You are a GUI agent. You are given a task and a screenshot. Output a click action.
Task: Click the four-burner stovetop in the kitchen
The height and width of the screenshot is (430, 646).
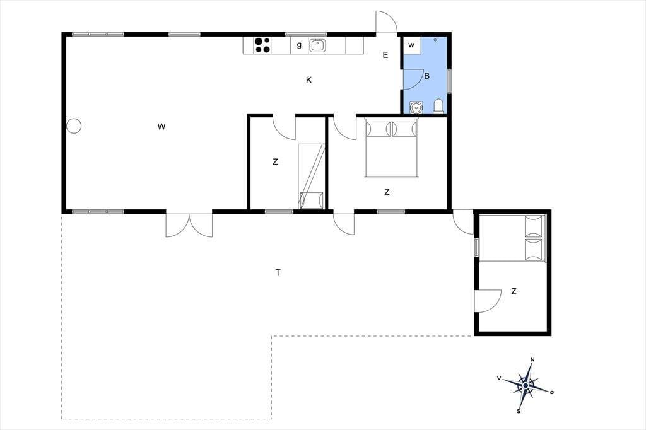click(262, 45)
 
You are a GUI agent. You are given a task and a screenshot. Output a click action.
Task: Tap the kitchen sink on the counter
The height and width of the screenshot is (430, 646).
click(317, 45)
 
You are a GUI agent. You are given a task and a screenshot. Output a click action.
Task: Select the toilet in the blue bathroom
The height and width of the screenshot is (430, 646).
click(439, 106)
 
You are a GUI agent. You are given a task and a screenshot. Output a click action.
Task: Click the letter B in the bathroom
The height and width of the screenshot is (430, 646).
click(427, 76)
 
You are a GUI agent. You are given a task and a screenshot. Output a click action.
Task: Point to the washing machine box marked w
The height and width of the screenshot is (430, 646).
click(412, 45)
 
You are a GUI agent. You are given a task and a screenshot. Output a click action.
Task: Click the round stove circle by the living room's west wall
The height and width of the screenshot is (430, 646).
click(74, 125)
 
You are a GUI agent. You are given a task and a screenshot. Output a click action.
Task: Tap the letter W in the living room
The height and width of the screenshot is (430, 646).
click(161, 127)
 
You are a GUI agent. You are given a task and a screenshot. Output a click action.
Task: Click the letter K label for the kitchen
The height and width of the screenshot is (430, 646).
click(308, 80)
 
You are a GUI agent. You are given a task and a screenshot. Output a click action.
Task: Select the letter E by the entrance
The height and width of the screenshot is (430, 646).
click(385, 55)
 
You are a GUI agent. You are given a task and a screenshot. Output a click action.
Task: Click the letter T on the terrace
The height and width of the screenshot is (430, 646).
click(278, 272)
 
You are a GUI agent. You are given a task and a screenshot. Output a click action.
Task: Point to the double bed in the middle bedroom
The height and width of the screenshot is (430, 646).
click(391, 148)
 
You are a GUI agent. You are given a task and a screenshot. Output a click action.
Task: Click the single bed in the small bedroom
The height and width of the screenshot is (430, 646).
click(311, 177)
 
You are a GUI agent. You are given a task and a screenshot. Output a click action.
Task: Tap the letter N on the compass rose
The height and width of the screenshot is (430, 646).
click(532, 360)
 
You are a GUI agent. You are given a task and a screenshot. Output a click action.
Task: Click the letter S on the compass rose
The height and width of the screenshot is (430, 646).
click(519, 410)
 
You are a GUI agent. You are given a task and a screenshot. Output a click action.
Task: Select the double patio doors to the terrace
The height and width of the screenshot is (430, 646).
click(189, 225)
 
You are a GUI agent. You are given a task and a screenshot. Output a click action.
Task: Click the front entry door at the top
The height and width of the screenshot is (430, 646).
click(386, 21)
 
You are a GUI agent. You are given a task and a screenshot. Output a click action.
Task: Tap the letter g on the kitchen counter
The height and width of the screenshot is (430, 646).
click(299, 45)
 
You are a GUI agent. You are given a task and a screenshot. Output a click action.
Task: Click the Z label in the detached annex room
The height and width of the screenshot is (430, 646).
click(514, 292)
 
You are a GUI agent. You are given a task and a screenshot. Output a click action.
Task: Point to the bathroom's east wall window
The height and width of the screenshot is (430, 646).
click(449, 80)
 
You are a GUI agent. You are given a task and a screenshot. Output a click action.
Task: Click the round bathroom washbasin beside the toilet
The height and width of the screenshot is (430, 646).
click(416, 107)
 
